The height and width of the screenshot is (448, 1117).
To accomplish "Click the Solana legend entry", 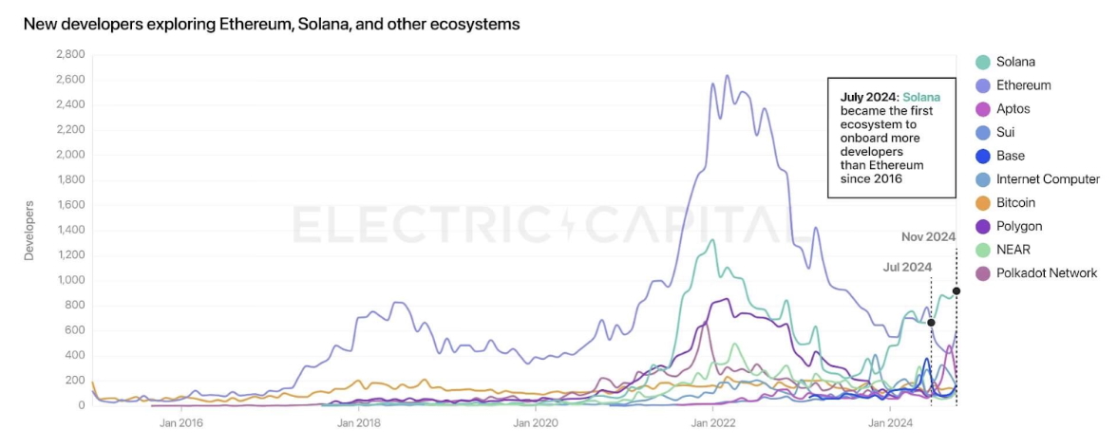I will pyautogui.click(x=1015, y=62).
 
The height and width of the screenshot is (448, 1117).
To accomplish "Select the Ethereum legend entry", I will pyautogui.click(x=1023, y=85).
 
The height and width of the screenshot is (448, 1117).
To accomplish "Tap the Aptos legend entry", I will pyautogui.click(x=1013, y=109).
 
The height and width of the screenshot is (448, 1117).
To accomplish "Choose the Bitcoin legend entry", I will pyautogui.click(x=1015, y=203).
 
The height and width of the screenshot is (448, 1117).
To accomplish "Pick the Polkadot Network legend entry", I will pyautogui.click(x=1046, y=273).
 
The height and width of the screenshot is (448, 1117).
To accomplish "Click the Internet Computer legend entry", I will pyautogui.click(x=1047, y=179).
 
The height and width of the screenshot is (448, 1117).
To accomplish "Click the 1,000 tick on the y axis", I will pyautogui.click(x=68, y=280).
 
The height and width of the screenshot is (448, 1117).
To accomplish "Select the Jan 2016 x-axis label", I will pyautogui.click(x=180, y=422).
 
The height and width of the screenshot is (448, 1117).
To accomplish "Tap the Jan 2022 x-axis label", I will pyautogui.click(x=710, y=422).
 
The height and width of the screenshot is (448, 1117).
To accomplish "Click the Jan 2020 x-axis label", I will pyautogui.click(x=534, y=422).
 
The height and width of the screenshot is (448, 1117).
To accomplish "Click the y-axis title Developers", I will pyautogui.click(x=28, y=230).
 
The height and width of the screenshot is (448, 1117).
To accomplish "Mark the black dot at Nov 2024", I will pyautogui.click(x=956, y=291).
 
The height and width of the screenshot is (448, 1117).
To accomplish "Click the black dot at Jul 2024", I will pyautogui.click(x=931, y=323).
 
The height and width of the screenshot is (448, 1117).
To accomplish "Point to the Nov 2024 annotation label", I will pyautogui.click(x=928, y=236).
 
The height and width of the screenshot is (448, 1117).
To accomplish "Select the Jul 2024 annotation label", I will pyautogui.click(x=907, y=268).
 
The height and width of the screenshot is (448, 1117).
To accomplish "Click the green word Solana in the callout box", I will pyautogui.click(x=921, y=97).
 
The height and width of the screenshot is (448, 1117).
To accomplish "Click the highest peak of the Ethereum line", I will pyautogui.click(x=728, y=76).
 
